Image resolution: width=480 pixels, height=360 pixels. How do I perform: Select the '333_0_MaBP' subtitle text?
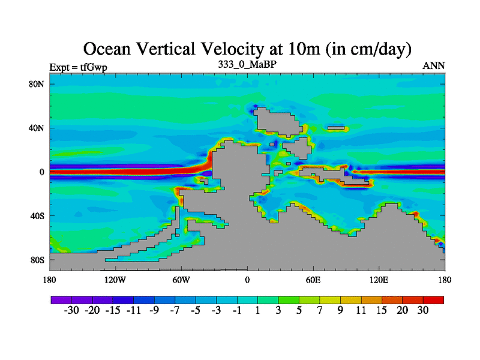pos(247,64)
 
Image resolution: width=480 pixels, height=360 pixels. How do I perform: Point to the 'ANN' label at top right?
pos(434,65)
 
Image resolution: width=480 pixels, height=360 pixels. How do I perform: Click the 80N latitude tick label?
pos(37,84)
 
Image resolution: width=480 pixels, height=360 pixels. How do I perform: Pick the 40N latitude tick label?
pos(37,128)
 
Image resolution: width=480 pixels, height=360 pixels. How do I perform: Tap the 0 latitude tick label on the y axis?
pos(42,172)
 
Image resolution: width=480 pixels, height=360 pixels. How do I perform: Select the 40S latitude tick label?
pos(37,216)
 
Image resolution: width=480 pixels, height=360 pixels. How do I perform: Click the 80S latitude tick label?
pos(37,260)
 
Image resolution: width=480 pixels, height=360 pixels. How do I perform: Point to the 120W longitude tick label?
pos(115,280)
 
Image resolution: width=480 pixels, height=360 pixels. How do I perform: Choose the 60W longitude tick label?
pos(181,280)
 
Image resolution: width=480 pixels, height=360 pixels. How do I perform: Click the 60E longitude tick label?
pos(313,280)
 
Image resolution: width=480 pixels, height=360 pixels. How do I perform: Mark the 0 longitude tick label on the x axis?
pos(247,280)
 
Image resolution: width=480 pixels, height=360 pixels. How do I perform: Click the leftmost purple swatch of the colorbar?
pos(61,299)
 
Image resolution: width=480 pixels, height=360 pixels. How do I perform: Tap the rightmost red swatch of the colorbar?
pos(433,299)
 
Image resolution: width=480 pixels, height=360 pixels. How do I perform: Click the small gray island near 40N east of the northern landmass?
pos(337,128)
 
